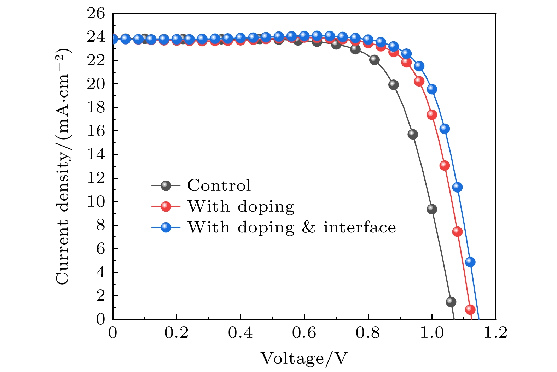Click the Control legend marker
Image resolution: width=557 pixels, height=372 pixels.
click(166, 185)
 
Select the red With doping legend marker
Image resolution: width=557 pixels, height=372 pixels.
click(166, 206)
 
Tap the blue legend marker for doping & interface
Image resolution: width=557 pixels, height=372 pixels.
click(166, 227)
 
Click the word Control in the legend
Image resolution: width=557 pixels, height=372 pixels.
click(219, 185)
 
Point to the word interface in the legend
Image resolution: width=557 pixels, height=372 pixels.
click(360, 227)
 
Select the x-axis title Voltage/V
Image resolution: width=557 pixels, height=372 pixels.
click(304, 358)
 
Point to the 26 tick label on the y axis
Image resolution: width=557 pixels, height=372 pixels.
click(96, 14)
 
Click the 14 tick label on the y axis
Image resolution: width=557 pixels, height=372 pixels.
click(96, 155)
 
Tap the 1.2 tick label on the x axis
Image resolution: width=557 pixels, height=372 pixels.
click(495, 333)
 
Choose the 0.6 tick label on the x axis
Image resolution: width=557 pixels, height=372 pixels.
click(304, 333)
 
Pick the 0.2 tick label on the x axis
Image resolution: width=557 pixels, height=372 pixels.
click(176, 333)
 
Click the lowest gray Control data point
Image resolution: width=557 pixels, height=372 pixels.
click(451, 302)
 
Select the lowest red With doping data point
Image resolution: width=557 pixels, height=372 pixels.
click(470, 309)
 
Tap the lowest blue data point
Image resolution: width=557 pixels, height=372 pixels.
click(470, 262)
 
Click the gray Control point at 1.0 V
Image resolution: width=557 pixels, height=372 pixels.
click(432, 209)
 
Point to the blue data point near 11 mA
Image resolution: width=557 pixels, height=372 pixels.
click(457, 187)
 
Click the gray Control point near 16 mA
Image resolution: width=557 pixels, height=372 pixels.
click(413, 134)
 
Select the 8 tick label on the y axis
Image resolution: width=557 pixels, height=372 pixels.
click(100, 225)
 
